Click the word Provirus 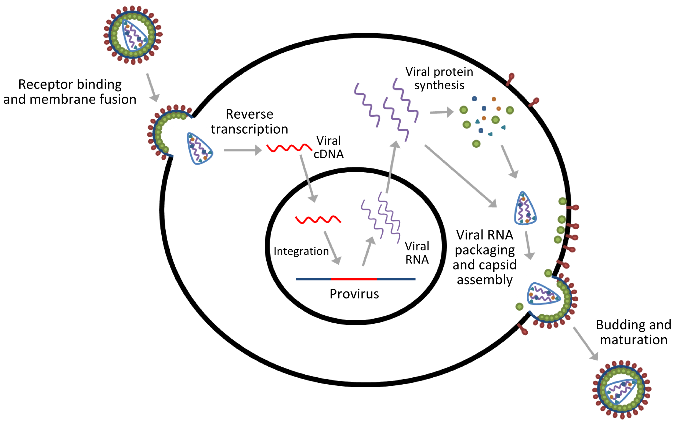[354, 294]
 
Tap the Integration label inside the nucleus [301, 251]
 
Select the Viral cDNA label [329, 148]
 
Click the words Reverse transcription [249, 122]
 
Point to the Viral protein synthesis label [439, 79]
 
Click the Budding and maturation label [633, 333]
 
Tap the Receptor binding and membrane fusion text [70, 92]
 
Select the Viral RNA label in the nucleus [417, 253]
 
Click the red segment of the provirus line [354, 279]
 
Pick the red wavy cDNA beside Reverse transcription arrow [289, 148]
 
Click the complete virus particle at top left [133, 35]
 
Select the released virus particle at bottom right [622, 390]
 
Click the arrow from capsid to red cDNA [242, 150]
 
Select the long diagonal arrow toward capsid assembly [461, 176]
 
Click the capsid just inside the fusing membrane [200, 149]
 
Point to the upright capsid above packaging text [525, 209]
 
